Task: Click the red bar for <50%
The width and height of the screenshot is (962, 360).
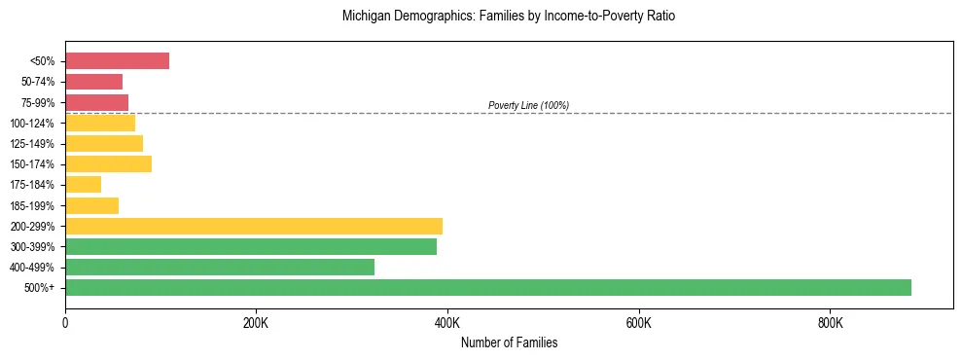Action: pyautogui.click(x=117, y=61)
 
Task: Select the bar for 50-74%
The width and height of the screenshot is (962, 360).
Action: pyautogui.click(x=93, y=82)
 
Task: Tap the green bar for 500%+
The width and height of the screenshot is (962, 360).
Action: pyautogui.click(x=487, y=287)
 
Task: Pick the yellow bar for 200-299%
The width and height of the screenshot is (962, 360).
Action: pyautogui.click(x=253, y=226)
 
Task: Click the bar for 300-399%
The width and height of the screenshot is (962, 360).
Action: pyautogui.click(x=250, y=246)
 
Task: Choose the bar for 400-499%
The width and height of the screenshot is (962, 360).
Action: pyautogui.click(x=219, y=267)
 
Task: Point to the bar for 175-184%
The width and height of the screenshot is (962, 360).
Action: pyautogui.click(x=83, y=185)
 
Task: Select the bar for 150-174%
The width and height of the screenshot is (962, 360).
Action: pyautogui.click(x=108, y=163)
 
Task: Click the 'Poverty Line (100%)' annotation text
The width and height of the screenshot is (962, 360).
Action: pyautogui.click(x=528, y=105)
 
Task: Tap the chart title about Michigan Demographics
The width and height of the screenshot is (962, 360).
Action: pyautogui.click(x=508, y=17)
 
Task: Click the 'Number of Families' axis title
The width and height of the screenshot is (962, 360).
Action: pyautogui.click(x=509, y=342)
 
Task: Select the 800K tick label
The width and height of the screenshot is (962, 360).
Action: pyautogui.click(x=830, y=322)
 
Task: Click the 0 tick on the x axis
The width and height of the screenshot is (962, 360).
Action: pyautogui.click(x=65, y=322)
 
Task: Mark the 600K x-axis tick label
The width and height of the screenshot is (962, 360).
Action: pyautogui.click(x=638, y=322)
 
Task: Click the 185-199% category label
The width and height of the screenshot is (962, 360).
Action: pyautogui.click(x=37, y=205)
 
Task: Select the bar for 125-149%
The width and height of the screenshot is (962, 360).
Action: pyautogui.click(x=104, y=143)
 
